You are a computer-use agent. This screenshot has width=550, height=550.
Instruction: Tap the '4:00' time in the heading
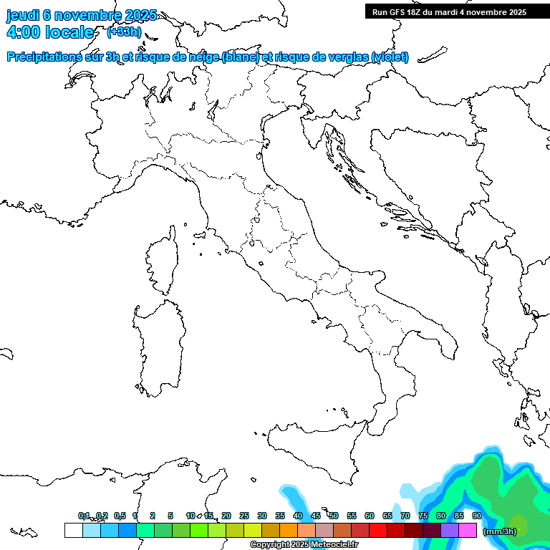pos(21,32)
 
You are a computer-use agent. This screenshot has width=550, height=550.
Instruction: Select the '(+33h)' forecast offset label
pos(124,32)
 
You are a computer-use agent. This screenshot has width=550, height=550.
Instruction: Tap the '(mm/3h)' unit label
pos(500,531)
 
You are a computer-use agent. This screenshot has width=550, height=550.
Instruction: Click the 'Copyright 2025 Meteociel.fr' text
pos(304,545)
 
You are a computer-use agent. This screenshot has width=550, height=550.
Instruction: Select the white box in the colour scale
pos(73,530)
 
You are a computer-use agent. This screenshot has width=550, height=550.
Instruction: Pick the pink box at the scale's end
pos(468,530)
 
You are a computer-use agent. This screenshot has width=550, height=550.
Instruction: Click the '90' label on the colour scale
pos(477,516)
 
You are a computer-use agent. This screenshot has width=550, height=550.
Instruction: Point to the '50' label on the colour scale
pos(334,516)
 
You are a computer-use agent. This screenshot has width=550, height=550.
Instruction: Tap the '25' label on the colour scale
pos(244,516)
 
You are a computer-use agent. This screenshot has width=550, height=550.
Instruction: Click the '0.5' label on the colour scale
pos(120,516)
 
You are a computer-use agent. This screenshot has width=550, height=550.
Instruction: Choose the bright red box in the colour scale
pos(378,530)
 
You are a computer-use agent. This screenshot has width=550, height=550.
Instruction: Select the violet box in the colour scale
pos(450,530)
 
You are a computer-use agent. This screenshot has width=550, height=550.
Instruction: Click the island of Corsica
pos(162,261)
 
